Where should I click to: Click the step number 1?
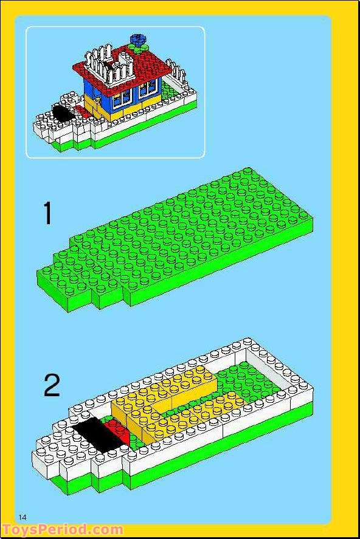tap(47, 213)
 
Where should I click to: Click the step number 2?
tap(52, 385)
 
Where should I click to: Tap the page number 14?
tap(23, 517)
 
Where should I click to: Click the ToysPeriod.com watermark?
tap(62, 530)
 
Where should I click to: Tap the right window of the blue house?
tap(147, 91)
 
